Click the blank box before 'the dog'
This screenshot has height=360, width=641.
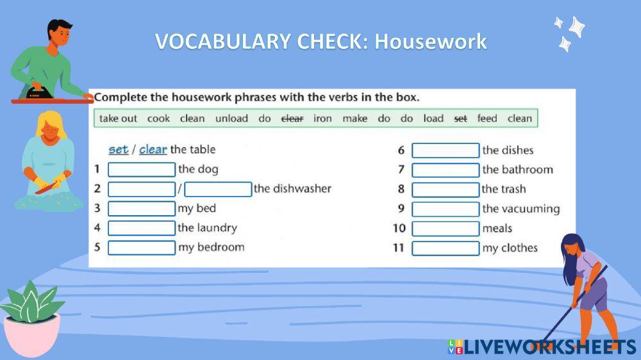pos(142,170)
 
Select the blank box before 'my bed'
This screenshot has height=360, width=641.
pos(142,209)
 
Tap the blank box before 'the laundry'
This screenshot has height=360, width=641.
pos(142,228)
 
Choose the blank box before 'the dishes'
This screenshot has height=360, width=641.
pos(445,151)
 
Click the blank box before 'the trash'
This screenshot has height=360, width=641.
pos(445,190)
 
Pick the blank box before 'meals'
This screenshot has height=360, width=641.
pos(445,229)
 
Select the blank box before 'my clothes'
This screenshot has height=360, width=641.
pos(445,249)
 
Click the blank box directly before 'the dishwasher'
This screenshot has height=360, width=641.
pos(218,190)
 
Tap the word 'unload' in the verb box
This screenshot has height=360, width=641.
pos(231,119)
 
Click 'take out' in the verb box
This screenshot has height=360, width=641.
pos(118,119)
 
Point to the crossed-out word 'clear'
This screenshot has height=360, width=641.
pos(292,119)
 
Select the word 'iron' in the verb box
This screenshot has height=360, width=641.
pos(322,119)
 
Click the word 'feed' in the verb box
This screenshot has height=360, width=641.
pos(487,119)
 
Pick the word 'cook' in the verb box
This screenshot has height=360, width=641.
pos(158,119)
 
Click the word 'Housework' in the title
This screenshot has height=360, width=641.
pos(431,42)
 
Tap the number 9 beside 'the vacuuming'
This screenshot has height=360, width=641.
pos(401,209)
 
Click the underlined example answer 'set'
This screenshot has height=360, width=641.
pos(118,149)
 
